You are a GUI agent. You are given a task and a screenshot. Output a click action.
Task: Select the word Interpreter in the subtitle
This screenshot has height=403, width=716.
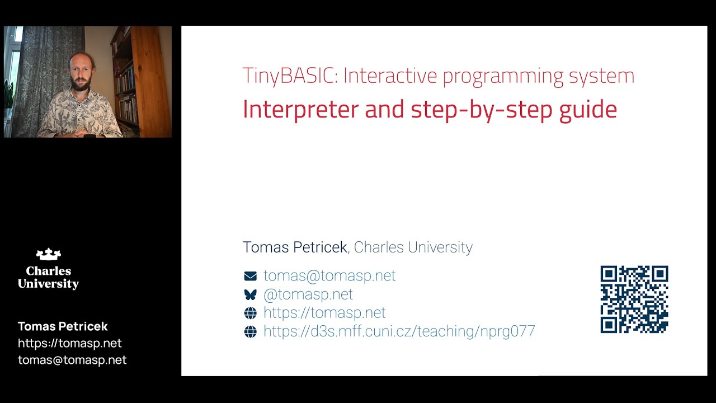(x=300, y=109)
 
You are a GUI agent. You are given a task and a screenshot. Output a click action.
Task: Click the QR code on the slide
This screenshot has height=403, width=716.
(x=634, y=299)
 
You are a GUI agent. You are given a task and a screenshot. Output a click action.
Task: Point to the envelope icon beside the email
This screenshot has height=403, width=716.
(x=250, y=276)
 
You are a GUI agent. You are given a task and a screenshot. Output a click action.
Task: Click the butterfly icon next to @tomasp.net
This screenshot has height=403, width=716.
(x=250, y=294)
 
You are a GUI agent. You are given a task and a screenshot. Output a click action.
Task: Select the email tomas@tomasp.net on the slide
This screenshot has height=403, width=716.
(x=329, y=275)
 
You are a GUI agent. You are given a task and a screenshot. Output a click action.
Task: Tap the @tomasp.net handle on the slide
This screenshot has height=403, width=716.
(x=308, y=294)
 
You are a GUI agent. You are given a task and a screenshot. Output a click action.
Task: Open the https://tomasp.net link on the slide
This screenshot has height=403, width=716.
(x=324, y=312)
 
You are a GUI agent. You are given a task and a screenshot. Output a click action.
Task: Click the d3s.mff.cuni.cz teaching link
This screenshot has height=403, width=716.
(x=399, y=331)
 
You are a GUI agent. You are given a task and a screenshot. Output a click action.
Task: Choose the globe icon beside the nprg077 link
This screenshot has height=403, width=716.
(x=250, y=331)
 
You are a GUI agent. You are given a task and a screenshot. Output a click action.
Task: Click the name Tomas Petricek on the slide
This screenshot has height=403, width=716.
(x=295, y=247)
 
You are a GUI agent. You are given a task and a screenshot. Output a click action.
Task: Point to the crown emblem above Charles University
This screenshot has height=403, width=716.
(x=48, y=255)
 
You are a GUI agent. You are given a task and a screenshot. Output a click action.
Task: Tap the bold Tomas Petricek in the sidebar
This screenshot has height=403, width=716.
(x=63, y=326)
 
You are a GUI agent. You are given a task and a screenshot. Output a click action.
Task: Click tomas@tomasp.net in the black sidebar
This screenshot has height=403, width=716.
(x=72, y=360)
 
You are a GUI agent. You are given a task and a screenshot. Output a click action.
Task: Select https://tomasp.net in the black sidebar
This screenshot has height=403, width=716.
(x=69, y=343)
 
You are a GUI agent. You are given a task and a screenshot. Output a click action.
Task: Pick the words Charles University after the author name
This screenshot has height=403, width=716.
(x=413, y=247)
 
